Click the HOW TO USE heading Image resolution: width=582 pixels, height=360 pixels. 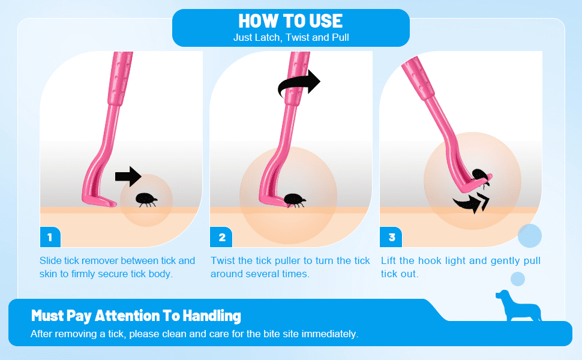click(x=290, y=21)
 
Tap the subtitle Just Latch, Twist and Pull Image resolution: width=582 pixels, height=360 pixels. click(x=291, y=37)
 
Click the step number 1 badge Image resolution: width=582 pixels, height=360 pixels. click(x=50, y=237)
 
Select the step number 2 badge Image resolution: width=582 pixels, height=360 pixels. click(x=221, y=237)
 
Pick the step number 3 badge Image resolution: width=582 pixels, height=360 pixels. click(x=391, y=237)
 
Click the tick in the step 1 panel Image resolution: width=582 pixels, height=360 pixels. click(x=146, y=200)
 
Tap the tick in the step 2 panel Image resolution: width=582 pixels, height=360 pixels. click(x=295, y=200)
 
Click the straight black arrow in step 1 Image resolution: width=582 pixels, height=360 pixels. click(x=128, y=176)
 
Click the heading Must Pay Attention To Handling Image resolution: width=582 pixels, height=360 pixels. click(x=136, y=316)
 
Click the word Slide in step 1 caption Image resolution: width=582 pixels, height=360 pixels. click(x=50, y=260)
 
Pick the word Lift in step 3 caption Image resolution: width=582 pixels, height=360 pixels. click(x=388, y=260)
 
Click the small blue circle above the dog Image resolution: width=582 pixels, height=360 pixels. click(x=517, y=279)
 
